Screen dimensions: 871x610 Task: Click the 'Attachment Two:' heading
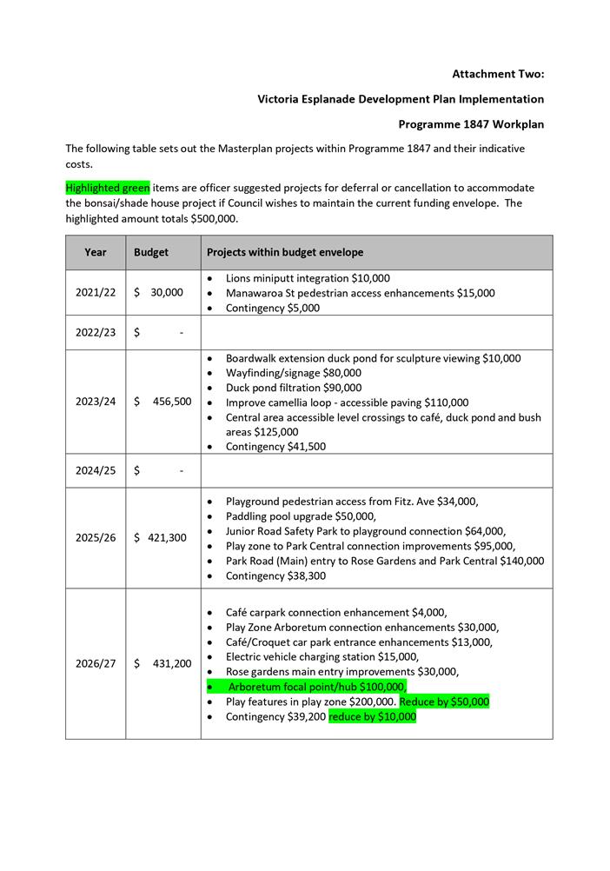tap(498, 74)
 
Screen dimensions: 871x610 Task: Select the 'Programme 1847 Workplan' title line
tap(471, 124)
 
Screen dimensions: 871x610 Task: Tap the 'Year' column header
tap(96, 252)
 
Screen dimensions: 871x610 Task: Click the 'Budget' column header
tap(151, 252)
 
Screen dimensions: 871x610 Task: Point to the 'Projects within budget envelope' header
tap(285, 252)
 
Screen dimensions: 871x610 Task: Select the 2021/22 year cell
tap(96, 292)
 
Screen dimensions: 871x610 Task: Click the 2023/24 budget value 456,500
tap(171, 402)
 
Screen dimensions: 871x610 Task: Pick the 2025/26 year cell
tap(96, 537)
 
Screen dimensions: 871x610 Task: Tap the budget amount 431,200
tap(171, 663)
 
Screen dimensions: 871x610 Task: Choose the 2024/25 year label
tap(96, 470)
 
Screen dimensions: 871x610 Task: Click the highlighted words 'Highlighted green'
tap(108, 188)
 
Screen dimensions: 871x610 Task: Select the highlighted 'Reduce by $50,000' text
tap(444, 701)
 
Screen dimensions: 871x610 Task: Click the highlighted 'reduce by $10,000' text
tap(372, 717)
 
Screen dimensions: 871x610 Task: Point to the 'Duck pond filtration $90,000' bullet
tap(294, 388)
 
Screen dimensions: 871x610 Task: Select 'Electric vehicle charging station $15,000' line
tap(322, 656)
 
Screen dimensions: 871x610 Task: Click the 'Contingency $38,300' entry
tap(275, 575)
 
